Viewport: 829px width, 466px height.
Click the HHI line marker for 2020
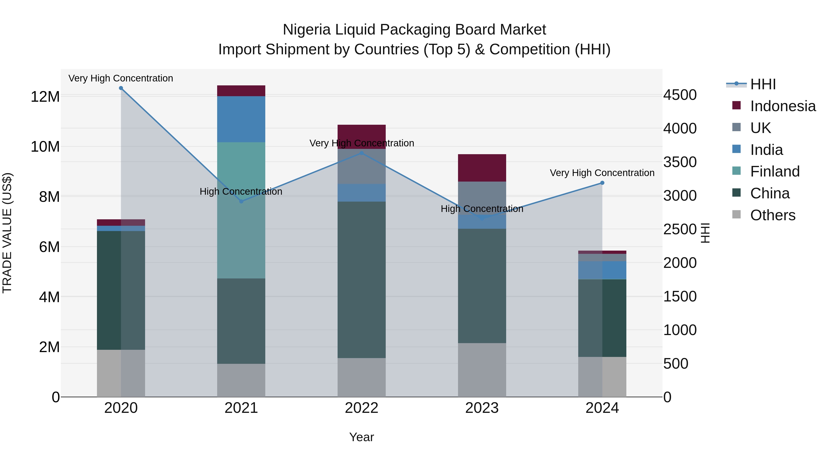121,88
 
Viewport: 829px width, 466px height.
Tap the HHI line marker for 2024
602,183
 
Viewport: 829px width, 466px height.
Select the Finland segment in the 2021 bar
241,210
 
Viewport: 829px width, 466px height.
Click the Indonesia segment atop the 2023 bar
482,168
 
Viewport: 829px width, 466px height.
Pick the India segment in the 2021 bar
241,119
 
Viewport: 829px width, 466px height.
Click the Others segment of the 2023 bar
482,370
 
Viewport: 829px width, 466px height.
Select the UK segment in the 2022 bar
361,166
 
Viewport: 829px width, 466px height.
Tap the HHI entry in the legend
763,84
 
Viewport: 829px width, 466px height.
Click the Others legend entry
772,215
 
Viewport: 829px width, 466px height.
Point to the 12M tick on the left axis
45,96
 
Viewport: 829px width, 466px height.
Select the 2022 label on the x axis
361,408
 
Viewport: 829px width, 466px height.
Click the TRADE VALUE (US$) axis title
7,233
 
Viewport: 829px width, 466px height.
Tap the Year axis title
361,437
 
